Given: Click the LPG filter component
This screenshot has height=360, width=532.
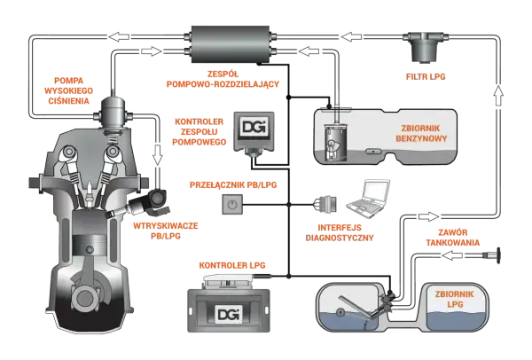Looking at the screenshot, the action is (x=426, y=47).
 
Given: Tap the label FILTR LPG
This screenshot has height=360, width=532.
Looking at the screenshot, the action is (x=426, y=76).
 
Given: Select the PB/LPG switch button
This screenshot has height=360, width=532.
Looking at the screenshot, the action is (x=232, y=204).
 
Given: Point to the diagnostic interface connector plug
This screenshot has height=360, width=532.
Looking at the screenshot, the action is (x=326, y=204).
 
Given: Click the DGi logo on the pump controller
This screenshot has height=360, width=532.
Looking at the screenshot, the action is (x=254, y=127).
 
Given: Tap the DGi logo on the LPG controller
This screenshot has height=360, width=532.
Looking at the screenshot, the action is (x=230, y=314).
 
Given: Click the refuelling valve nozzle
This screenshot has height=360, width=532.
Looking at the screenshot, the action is (x=493, y=255).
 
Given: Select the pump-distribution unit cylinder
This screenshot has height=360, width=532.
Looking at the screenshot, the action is (x=231, y=44).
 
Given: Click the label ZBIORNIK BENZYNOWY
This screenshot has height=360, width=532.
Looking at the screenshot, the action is (x=420, y=133).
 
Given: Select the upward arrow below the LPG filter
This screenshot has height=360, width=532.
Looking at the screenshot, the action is (x=497, y=96).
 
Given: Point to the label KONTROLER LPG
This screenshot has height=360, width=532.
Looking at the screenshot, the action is (x=232, y=265).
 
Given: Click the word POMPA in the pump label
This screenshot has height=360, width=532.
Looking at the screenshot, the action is (x=68, y=81).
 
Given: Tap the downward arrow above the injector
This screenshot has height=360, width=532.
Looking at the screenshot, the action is (x=157, y=155).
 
